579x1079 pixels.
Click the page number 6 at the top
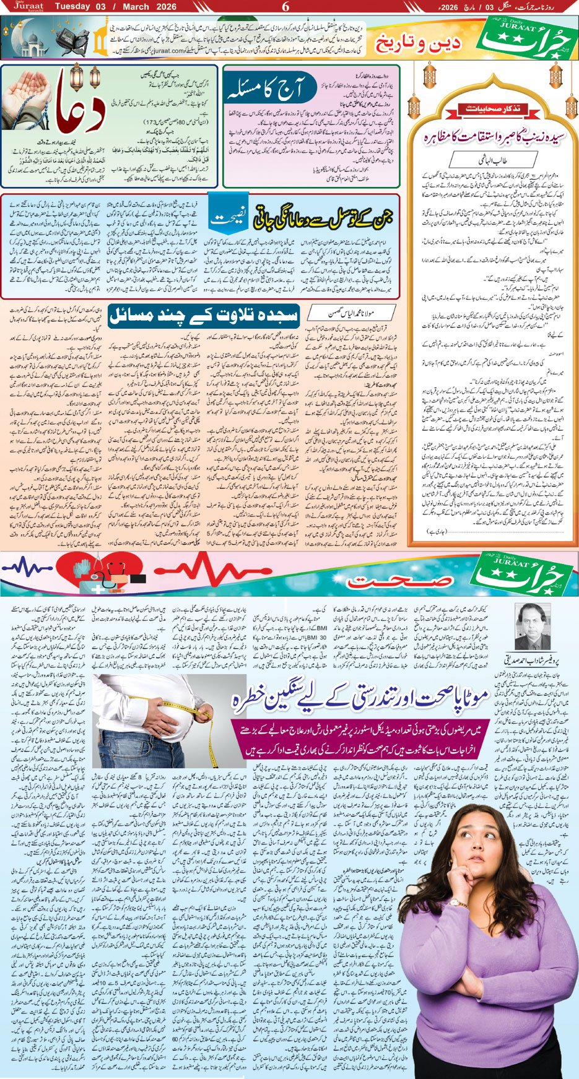pyautogui.click(x=285, y=7)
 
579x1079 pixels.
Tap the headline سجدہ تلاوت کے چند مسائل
pyautogui.click(x=204, y=315)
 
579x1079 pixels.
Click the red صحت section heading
pyautogui.click(x=372, y=581)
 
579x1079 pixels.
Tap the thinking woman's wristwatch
pyautogui.click(x=459, y=903)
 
